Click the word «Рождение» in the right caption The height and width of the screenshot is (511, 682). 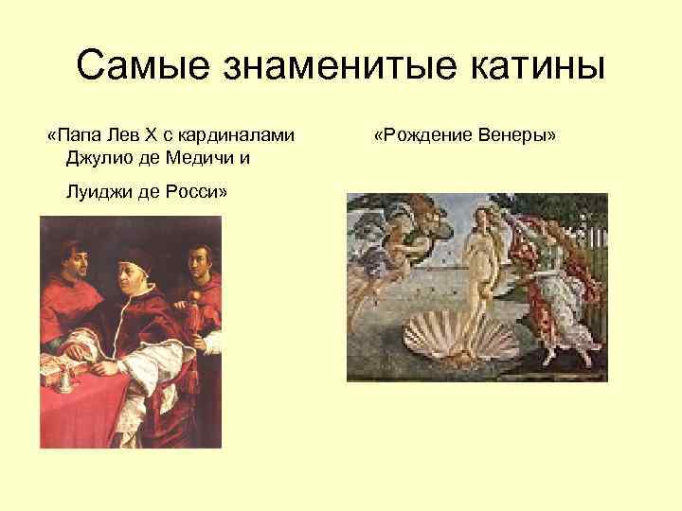[x=431, y=135]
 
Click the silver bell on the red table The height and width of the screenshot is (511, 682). [x=64, y=379]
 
